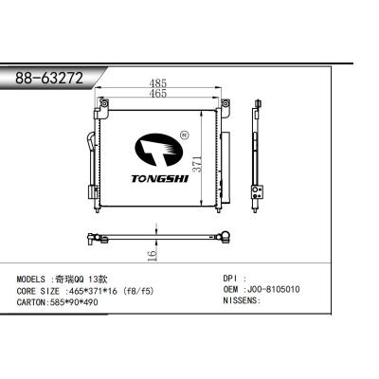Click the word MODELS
pyautogui.click(x=34, y=280)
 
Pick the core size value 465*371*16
pyautogui.click(x=102, y=292)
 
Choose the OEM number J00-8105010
pyautogui.click(x=276, y=292)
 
